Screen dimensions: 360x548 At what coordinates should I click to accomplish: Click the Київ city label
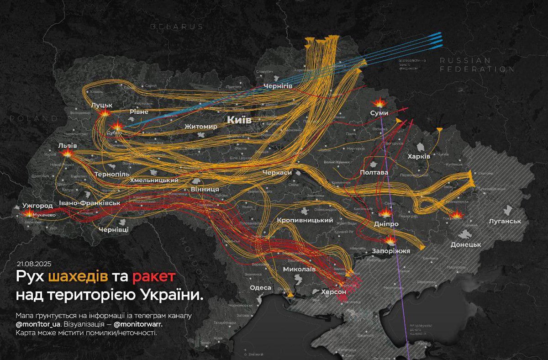pos(239,120)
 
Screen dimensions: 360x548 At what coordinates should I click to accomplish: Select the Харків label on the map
pos(419,157)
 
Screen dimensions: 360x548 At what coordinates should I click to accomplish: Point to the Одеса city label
pos(261,288)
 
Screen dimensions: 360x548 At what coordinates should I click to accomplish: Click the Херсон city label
pos(333,291)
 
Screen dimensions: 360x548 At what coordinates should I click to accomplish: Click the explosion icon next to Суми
pos(379,102)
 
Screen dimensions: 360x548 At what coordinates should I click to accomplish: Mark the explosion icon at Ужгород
pos(28,213)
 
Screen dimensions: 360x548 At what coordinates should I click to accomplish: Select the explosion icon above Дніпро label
pos(385,212)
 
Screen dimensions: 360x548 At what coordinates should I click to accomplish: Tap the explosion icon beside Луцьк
pos(105,113)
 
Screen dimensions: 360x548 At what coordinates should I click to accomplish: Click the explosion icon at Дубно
pos(117,126)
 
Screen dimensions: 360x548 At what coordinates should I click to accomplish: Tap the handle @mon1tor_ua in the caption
pos(36,324)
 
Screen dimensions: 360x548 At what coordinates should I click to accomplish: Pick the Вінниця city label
pos(204,189)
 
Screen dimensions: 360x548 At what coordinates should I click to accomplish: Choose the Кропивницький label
pos(305,220)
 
